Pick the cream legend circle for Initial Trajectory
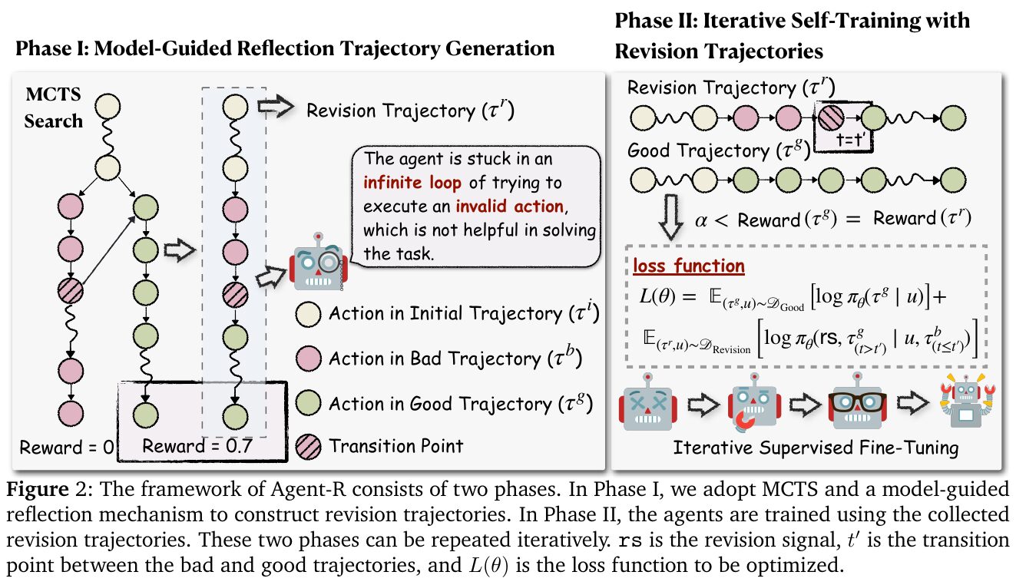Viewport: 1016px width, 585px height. click(308, 314)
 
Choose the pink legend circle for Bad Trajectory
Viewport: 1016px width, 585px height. click(308, 358)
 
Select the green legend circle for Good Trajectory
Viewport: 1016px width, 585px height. click(308, 402)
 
